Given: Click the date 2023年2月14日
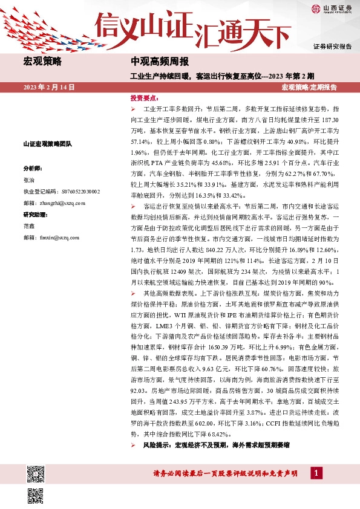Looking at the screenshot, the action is point(49,88).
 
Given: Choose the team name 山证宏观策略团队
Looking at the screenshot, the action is point(47,144).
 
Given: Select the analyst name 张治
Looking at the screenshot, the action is point(29,180).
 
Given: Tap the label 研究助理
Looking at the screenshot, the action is point(34,215).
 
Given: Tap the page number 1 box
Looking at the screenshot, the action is point(315,473).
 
